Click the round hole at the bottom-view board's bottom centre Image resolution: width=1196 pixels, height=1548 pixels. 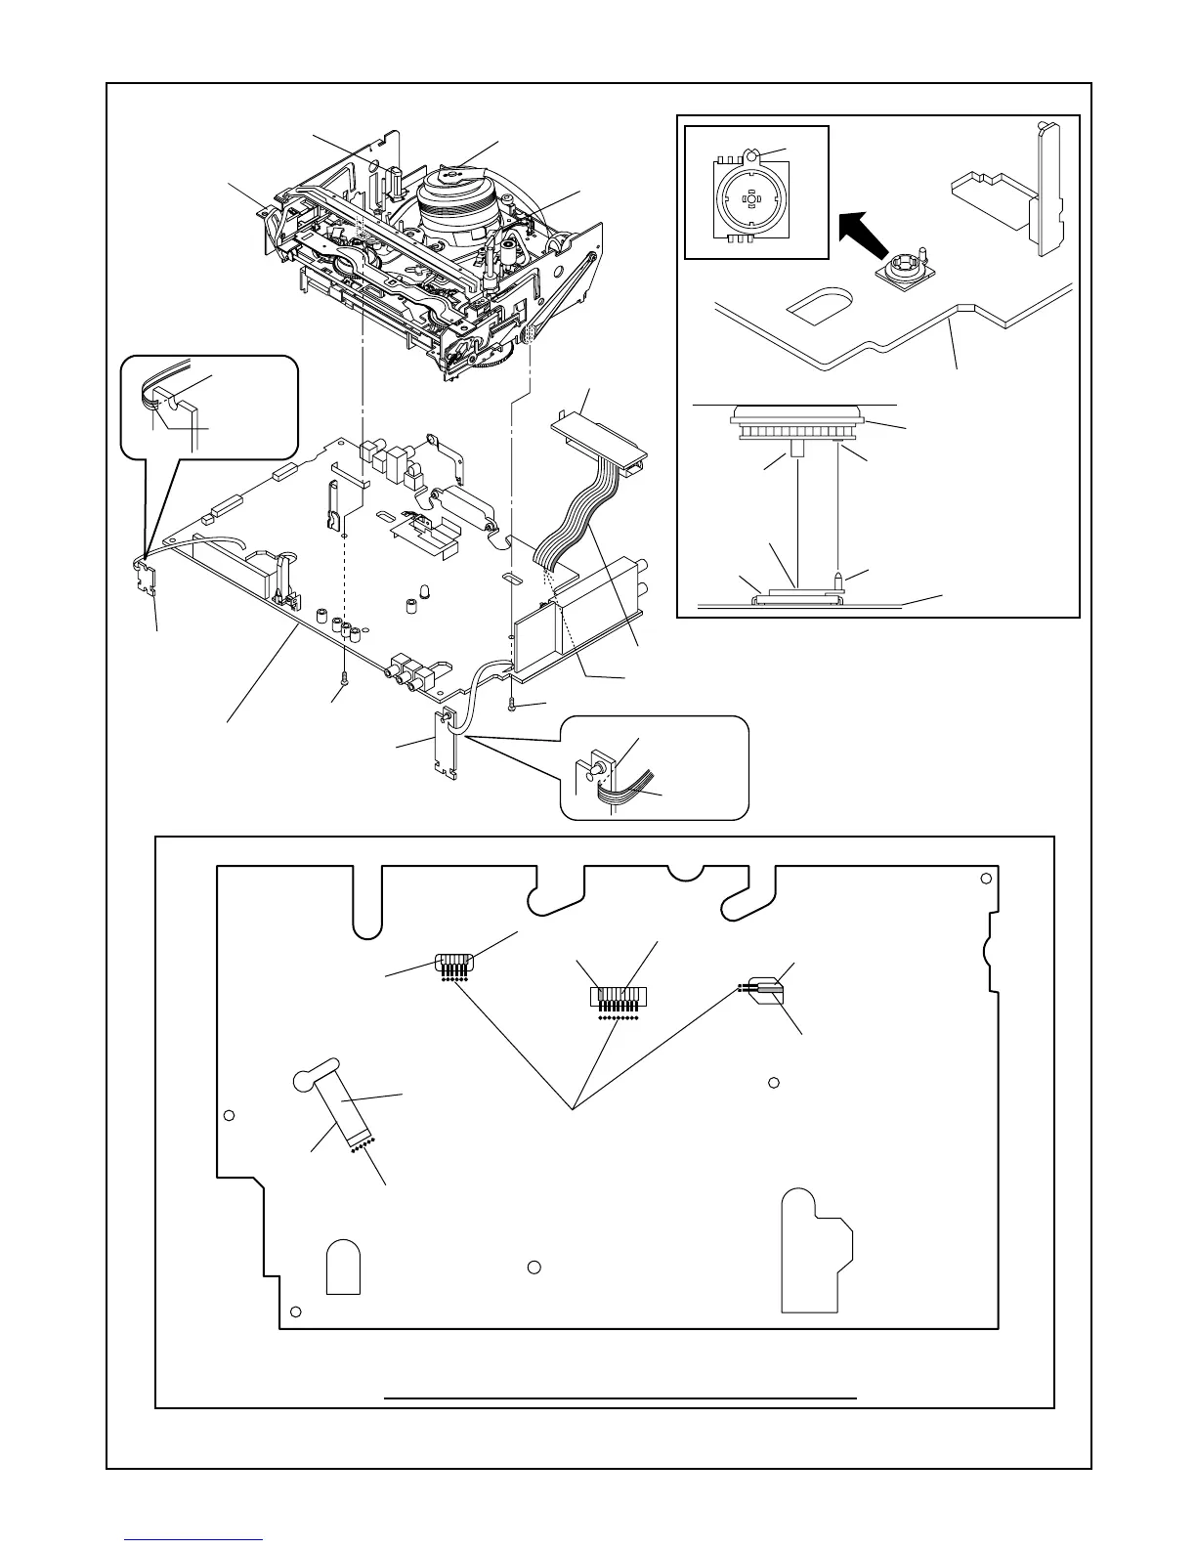[534, 1268]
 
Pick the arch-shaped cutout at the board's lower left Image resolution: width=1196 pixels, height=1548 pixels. [342, 1268]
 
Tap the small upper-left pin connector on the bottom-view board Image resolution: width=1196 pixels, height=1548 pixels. [454, 965]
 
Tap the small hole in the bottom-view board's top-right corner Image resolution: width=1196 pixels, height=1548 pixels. [983, 879]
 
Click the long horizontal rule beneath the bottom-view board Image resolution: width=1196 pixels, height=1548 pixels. [620, 1398]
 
